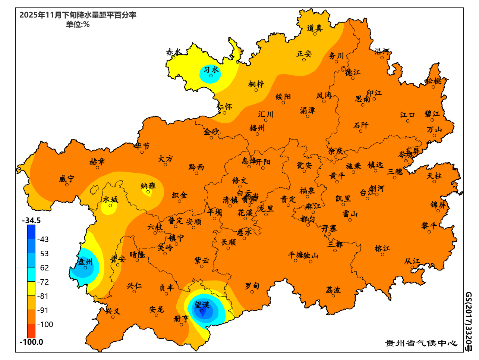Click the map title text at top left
(x=78, y=15)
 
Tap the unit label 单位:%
(x=78, y=25)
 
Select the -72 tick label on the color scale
(x=44, y=282)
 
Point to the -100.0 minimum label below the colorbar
(x=32, y=342)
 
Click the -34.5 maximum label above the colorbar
(x=32, y=220)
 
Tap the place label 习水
(x=211, y=70)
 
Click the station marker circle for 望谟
(x=202, y=311)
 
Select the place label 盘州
(x=85, y=262)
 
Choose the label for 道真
(x=315, y=28)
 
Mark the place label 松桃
(x=434, y=81)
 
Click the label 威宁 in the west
(x=66, y=179)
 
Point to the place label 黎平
(x=429, y=226)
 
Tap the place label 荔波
(x=333, y=290)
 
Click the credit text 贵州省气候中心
(x=421, y=343)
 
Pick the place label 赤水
(x=174, y=52)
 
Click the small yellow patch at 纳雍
(x=148, y=192)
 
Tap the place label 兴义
(x=113, y=311)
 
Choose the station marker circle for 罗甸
(x=252, y=292)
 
